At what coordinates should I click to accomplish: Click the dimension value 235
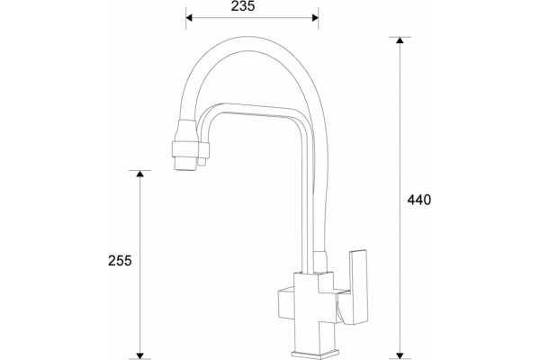point(243,6)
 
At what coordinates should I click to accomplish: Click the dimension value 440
point(418,200)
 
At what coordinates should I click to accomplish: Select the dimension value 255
point(120,260)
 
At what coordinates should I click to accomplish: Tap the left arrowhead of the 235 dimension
point(189,18)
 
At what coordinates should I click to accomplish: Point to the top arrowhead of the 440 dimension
point(400,40)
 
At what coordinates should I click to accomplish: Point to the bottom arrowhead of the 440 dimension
point(400,355)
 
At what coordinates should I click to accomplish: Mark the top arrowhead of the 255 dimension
point(139,174)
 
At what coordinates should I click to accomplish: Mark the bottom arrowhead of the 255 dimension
point(139,355)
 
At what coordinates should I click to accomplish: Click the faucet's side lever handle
point(358,287)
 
